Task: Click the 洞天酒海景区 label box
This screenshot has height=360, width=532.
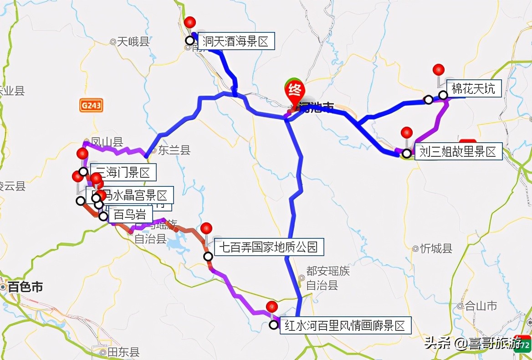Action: point(236,41)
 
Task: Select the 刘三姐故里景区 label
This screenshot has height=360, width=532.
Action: point(458,151)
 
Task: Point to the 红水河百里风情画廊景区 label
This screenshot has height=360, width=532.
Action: point(345,326)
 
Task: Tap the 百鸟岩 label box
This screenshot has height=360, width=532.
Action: point(127,215)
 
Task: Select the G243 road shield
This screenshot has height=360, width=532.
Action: point(91,106)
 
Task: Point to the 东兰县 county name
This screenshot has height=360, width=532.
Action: point(174,150)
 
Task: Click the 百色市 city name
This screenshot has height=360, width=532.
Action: point(26,287)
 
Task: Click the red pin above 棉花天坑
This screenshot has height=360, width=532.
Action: point(438,70)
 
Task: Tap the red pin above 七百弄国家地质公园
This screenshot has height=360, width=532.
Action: point(206,228)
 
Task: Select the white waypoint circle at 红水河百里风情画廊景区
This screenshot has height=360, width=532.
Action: point(273,325)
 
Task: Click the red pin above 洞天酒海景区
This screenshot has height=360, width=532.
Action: point(190,22)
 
